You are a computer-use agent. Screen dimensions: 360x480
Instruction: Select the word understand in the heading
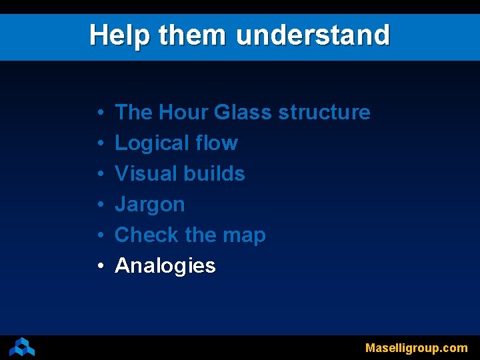(313, 35)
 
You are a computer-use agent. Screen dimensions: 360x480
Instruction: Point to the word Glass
(243, 112)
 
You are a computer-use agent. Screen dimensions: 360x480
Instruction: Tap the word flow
(217, 143)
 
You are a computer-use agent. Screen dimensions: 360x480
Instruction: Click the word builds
(215, 173)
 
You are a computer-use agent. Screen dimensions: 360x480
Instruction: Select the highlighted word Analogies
(165, 266)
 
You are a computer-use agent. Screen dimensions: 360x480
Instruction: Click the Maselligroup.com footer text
(416, 348)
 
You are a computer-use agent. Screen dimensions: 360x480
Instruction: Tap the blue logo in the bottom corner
(22, 347)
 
